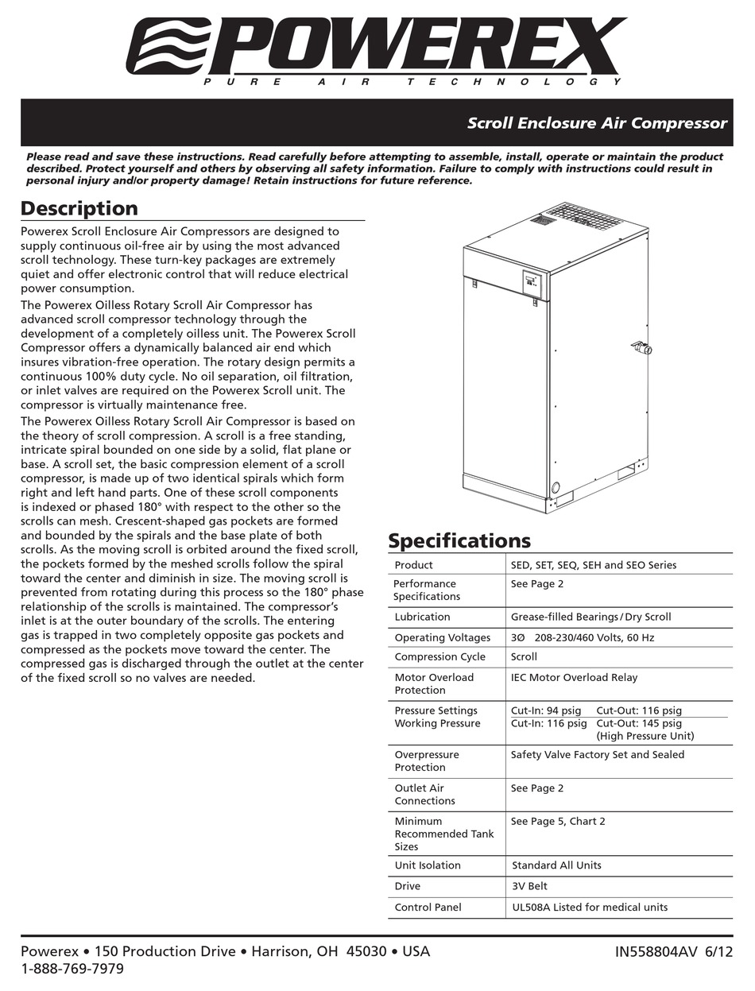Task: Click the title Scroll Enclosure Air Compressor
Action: (597, 123)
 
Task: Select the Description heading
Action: (79, 208)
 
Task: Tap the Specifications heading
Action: (459, 541)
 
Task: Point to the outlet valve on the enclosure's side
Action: (641, 347)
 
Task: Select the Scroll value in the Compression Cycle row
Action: (524, 656)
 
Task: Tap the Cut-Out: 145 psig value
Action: (639, 723)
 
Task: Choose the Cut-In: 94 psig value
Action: (546, 710)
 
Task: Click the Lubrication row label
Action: (422, 617)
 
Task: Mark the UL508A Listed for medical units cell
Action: (590, 907)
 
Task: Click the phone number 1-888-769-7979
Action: (72, 969)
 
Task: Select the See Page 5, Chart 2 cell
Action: (558, 821)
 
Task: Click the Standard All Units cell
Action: (556, 865)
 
